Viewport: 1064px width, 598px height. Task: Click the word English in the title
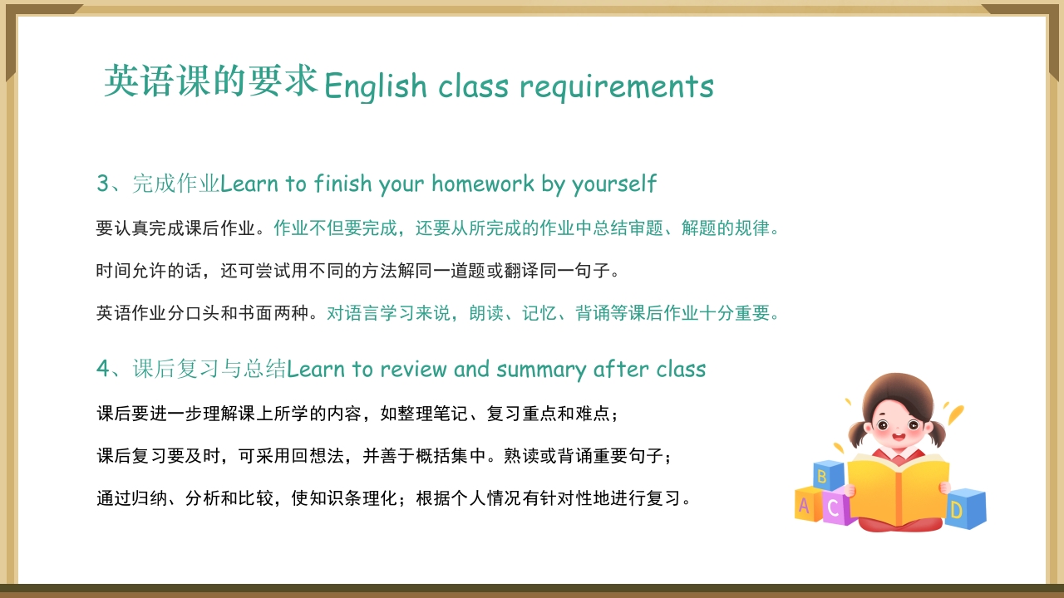pyautogui.click(x=375, y=86)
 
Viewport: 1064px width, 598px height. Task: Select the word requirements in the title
pyautogui.click(x=617, y=86)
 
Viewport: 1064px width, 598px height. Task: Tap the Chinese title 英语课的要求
pyautogui.click(x=211, y=81)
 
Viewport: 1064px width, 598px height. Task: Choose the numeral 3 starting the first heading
pyautogui.click(x=103, y=184)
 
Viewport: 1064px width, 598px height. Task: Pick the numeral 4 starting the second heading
pyautogui.click(x=103, y=369)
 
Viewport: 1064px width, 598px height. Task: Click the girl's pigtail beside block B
pyautogui.click(x=855, y=433)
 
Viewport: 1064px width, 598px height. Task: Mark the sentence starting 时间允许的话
pyautogui.click(x=357, y=271)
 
